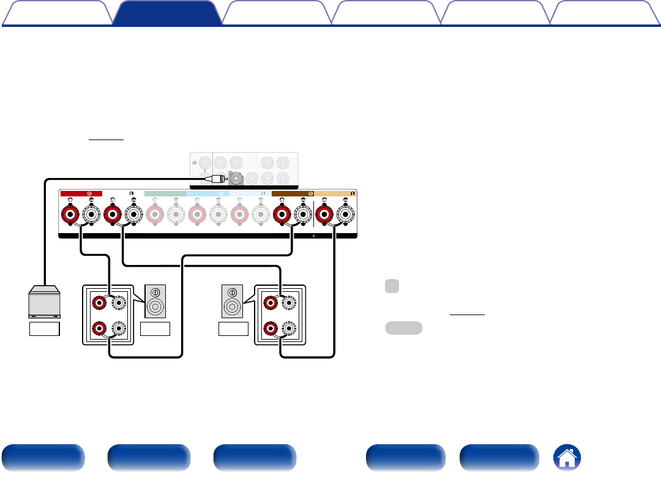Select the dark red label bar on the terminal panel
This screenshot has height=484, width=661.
coord(81,193)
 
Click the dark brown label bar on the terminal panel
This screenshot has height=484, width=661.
coord(293,193)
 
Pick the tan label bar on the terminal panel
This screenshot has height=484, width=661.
coord(334,193)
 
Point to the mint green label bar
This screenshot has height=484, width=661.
coord(165,193)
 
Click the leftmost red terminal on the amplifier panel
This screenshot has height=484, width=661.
coord(70,215)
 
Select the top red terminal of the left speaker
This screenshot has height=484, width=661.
coord(97,302)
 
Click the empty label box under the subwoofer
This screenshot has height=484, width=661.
coord(45,329)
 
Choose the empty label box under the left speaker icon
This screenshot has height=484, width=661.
coord(154,329)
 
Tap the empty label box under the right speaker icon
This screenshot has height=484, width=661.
coord(233,329)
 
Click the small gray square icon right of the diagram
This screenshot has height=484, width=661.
coord(392,286)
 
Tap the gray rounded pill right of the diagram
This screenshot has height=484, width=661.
coord(403,327)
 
